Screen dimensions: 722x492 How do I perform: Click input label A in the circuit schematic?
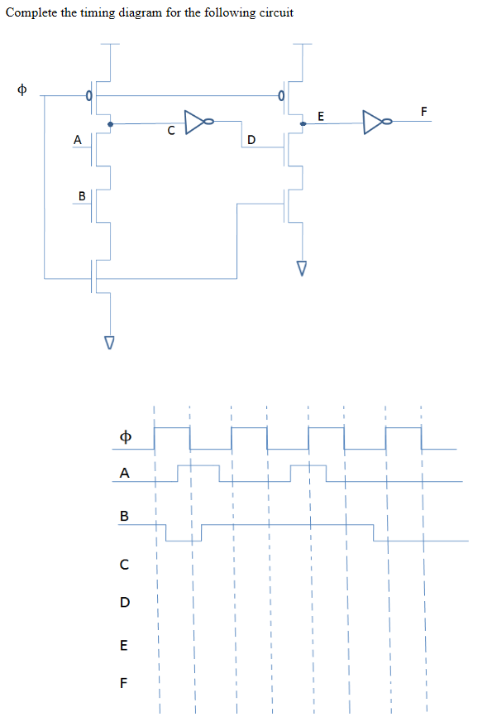(x=77, y=140)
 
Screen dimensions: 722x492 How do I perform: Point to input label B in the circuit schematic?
(x=81, y=195)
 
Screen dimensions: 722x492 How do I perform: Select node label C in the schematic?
(x=170, y=131)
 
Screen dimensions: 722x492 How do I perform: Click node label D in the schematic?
(x=251, y=139)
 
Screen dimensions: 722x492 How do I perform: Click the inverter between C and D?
(x=198, y=123)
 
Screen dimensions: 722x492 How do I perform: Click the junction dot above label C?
(x=111, y=124)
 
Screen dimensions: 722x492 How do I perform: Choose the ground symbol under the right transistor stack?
(x=302, y=268)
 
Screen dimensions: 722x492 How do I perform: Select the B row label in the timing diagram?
(x=125, y=516)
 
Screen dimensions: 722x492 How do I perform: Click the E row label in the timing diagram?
(x=125, y=645)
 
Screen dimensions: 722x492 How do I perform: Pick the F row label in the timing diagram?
(x=125, y=684)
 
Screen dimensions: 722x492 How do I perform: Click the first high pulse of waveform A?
(x=198, y=472)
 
